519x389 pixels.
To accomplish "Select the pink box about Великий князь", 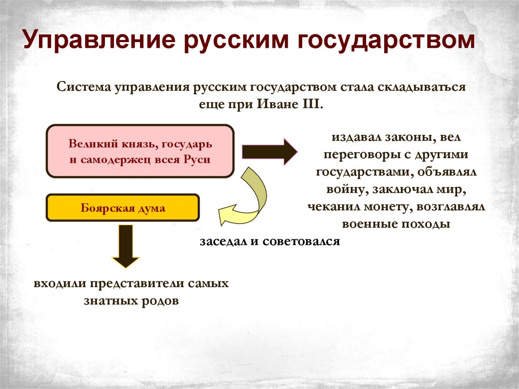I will pyautogui.click(x=140, y=151).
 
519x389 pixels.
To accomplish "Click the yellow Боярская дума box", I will pyautogui.click(x=123, y=208).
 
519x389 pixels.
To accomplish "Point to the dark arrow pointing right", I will pyautogui.click(x=269, y=151).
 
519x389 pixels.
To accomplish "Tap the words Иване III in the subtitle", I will pyautogui.click(x=300, y=104).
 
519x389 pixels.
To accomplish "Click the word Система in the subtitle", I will pyautogui.click(x=84, y=87).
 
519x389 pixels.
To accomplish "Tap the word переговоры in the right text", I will pyautogui.click(x=352, y=155).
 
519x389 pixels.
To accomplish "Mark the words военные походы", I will pyautogui.click(x=396, y=224).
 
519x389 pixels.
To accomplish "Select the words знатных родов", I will pyautogui.click(x=131, y=300).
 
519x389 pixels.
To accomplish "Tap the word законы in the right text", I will pyautogui.click(x=408, y=137).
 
